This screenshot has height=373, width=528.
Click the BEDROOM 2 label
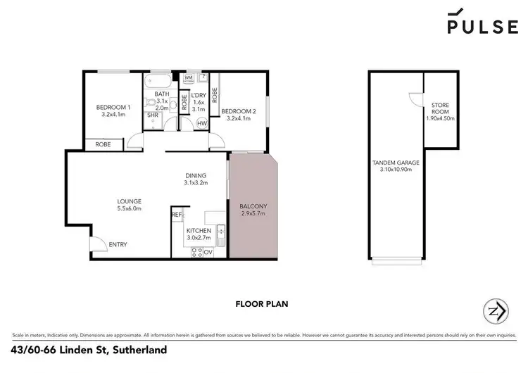pos(239,111)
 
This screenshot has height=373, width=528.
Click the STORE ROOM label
pos(440,109)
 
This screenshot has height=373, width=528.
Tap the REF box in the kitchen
pos(176,215)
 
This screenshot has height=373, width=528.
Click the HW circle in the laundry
pos(201,124)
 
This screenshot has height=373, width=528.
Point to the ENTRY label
pos(117,244)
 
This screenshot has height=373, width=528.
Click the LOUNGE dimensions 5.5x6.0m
pos(129,208)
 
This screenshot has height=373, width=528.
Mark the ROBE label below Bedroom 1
pos(94,145)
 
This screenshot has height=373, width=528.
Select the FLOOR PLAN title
pos(263,305)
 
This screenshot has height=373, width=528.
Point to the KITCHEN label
pos(198,231)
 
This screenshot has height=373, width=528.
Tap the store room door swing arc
pos(416,101)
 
